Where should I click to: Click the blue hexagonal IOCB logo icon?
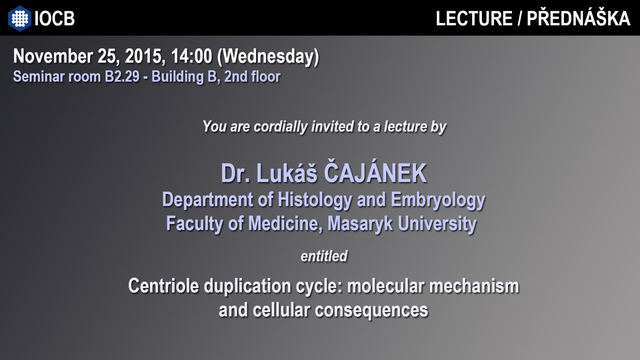click(20, 18)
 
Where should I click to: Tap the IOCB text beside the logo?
click(54, 18)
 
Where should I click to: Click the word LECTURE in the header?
click(474, 18)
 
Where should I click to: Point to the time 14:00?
click(192, 56)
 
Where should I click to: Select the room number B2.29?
click(122, 76)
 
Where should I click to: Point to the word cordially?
click(280, 126)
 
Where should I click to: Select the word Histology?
click(315, 200)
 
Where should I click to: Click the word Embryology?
click(438, 200)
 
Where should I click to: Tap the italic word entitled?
click(324, 256)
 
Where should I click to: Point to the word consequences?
click(371, 311)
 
